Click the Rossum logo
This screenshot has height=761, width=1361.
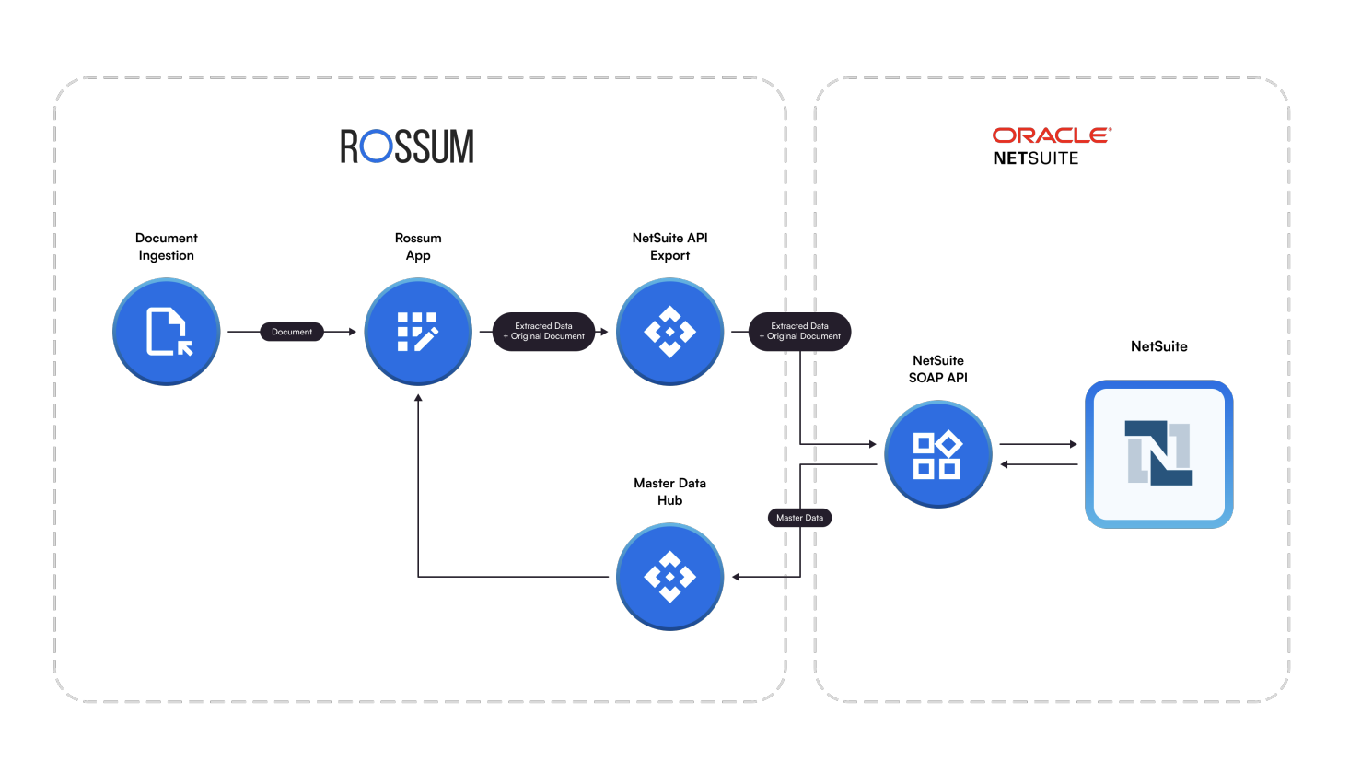[x=407, y=146]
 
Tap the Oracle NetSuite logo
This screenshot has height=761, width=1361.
[x=1052, y=146]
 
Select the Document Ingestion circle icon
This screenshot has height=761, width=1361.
[x=167, y=332]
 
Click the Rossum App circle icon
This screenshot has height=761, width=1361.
[x=418, y=332]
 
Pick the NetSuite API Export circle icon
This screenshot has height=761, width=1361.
[x=669, y=332]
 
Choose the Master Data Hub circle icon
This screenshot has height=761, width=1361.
[x=669, y=577]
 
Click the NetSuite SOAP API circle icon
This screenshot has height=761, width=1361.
[x=937, y=454]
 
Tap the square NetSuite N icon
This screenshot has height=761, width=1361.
[x=1158, y=454]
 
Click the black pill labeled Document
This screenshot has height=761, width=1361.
[x=292, y=332]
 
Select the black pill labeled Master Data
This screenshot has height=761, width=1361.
[x=799, y=518]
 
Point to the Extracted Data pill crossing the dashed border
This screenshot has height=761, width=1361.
[x=799, y=332]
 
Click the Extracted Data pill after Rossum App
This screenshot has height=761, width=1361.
[x=543, y=332]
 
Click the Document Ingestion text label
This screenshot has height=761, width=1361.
[x=167, y=247]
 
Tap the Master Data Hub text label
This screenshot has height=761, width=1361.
[x=669, y=492]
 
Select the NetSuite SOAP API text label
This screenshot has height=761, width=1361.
[x=937, y=369]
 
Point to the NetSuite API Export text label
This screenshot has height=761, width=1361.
[x=669, y=247]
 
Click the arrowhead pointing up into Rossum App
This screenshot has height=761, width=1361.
[x=418, y=398]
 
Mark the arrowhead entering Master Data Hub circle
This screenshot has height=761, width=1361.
[x=737, y=577]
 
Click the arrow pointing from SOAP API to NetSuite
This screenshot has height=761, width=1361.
[x=1039, y=444]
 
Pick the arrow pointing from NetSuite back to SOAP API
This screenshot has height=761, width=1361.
[x=1039, y=464]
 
